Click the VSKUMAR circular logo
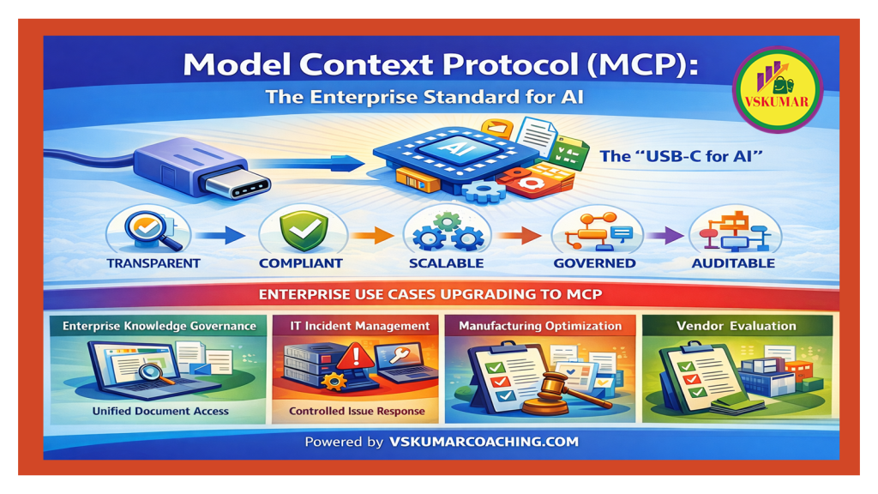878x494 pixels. [x=777, y=89]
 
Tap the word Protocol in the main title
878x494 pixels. [x=510, y=65]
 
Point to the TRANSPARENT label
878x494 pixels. [x=153, y=263]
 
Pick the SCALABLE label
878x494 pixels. [x=446, y=263]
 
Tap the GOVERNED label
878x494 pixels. [x=595, y=263]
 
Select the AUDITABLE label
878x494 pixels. [x=734, y=263]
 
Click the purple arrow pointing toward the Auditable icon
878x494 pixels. [x=665, y=235]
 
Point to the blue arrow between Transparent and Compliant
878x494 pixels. [x=220, y=235]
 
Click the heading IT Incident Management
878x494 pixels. [x=359, y=326]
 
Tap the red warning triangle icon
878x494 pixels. [x=354, y=355]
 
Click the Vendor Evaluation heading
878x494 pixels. [x=736, y=326]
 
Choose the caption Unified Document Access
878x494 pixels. [x=160, y=411]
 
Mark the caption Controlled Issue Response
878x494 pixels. [x=357, y=411]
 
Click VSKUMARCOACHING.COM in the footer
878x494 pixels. [x=484, y=442]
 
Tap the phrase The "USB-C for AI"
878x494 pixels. [x=682, y=156]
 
